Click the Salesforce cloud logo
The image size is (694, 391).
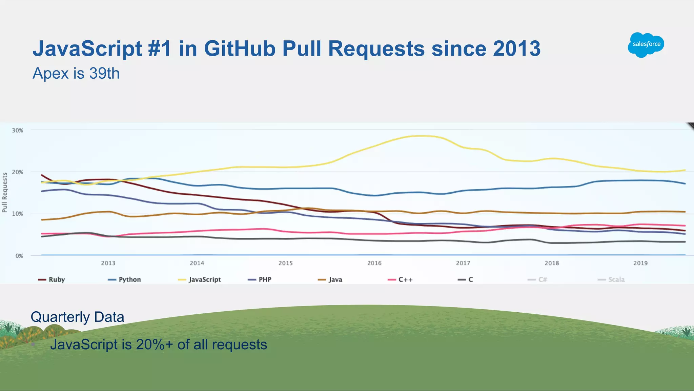[646, 44]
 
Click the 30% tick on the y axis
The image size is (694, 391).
[18, 130]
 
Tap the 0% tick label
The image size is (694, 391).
[19, 256]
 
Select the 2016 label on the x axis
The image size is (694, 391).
[374, 263]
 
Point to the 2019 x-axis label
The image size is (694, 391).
[640, 263]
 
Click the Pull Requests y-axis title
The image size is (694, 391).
[5, 192]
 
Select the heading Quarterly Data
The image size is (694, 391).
[77, 317]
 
